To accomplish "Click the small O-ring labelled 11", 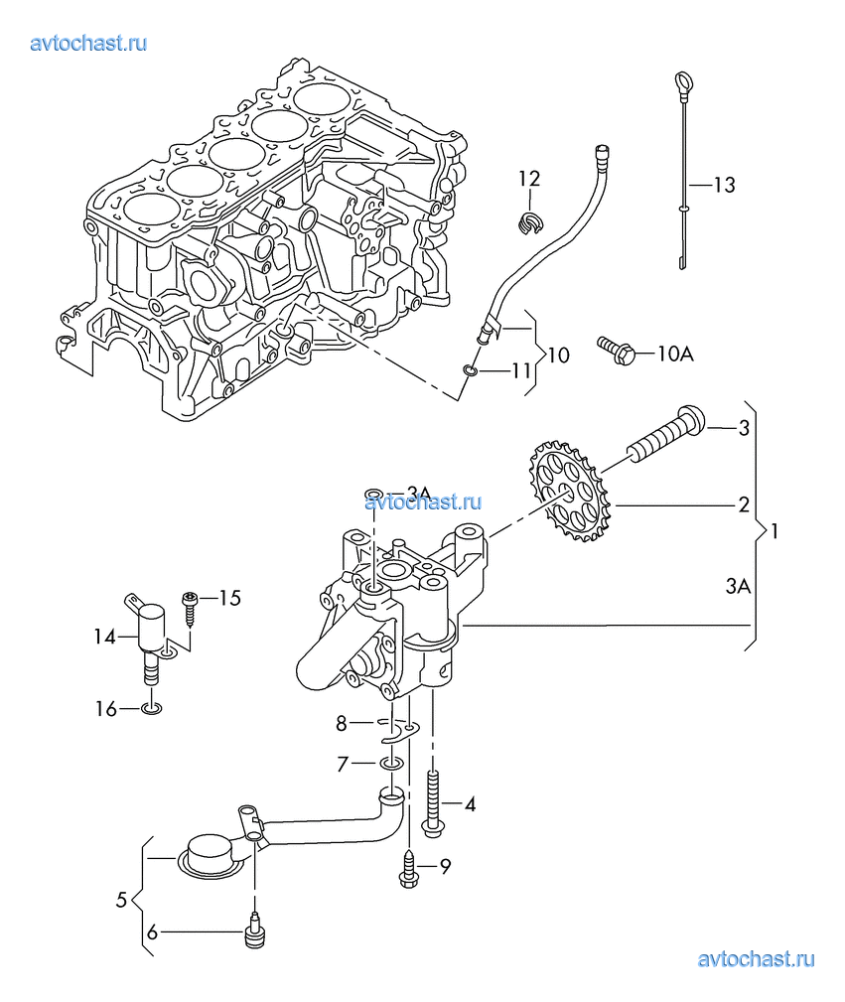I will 472,371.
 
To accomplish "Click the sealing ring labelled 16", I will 151,709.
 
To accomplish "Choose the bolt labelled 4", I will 434,800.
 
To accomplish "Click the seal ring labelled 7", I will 391,765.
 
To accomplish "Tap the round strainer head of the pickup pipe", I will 210,855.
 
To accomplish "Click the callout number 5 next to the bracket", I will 121,901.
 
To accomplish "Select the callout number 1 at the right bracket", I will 775,531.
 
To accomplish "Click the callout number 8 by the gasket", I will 342,724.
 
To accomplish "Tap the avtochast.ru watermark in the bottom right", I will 757,958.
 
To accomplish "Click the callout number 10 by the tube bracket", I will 558,355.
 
